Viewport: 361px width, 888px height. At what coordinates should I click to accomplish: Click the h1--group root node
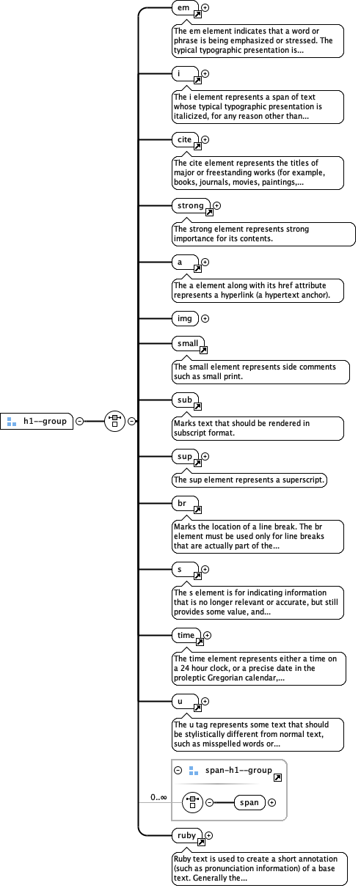pyautogui.click(x=37, y=421)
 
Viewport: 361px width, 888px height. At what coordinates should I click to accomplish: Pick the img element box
pyautogui.click(x=183, y=318)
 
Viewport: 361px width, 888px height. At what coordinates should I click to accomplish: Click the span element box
pyautogui.click(x=249, y=802)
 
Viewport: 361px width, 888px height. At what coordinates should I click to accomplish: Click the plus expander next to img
pyautogui.click(x=205, y=318)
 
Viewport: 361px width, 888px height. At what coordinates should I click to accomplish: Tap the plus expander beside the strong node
pyautogui.click(x=216, y=206)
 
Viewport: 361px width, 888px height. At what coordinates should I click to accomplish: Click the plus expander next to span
pyautogui.click(x=272, y=802)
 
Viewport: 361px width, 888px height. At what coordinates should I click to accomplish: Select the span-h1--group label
pyautogui.click(x=238, y=771)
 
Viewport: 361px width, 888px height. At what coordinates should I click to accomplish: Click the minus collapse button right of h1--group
pyautogui.click(x=79, y=421)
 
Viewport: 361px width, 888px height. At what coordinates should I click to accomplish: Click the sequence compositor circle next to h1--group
pyautogui.click(x=114, y=421)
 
